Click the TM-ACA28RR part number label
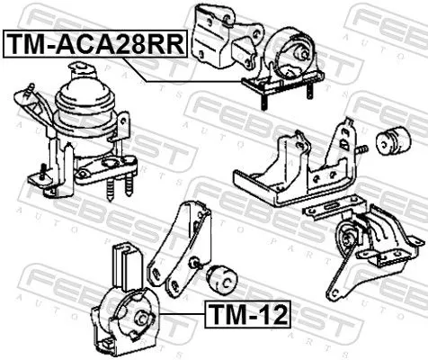point(94,41)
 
